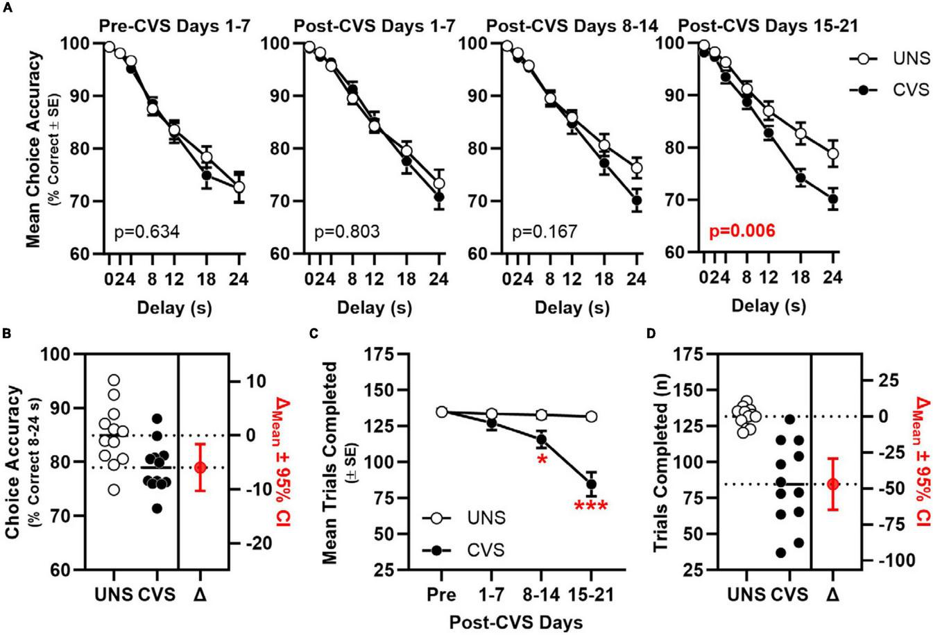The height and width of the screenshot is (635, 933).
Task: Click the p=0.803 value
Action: click(x=346, y=230)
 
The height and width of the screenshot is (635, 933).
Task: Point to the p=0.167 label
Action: click(x=545, y=230)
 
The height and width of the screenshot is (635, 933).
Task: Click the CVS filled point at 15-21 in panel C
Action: click(x=591, y=484)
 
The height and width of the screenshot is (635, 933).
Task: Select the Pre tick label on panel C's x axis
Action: click(x=441, y=595)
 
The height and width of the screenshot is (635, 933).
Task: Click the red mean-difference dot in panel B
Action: click(x=200, y=467)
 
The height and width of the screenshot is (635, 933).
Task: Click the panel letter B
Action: click(x=6, y=332)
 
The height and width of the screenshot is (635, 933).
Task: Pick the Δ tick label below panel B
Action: click(x=200, y=595)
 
